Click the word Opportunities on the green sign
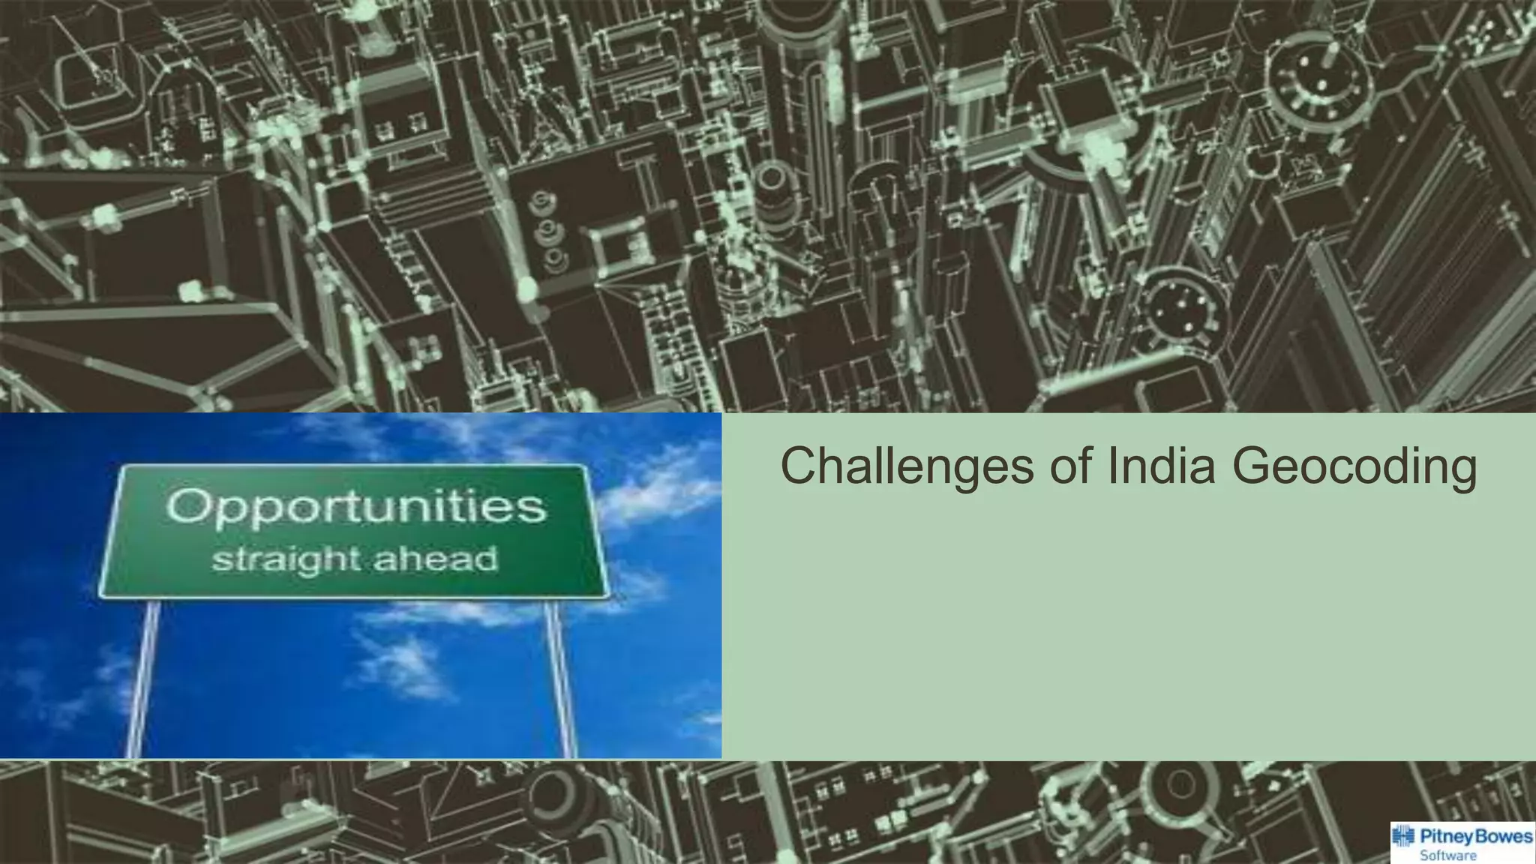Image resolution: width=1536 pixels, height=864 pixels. click(355, 508)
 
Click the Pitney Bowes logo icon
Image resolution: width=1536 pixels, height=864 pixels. click(1403, 837)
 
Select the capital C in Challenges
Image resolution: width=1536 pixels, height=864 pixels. click(800, 466)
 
